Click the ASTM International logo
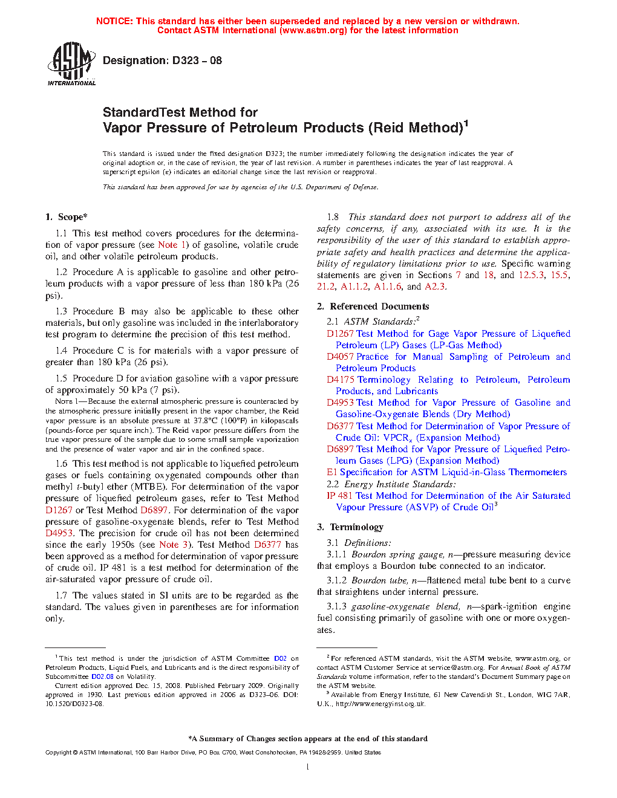coord(71,63)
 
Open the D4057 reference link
coord(340,357)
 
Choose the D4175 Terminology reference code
coord(340,380)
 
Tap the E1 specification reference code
coord(331,472)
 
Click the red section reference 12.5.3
coord(531,275)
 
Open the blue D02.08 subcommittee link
coord(102,677)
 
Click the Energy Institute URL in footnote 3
coord(380,704)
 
